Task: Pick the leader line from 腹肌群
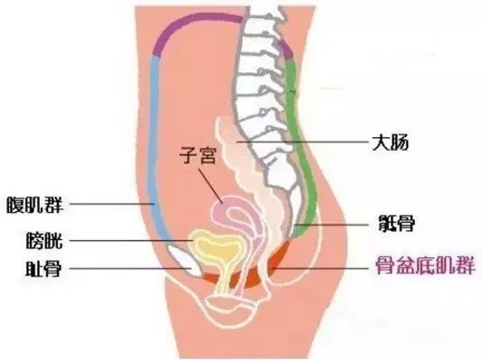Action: click(108, 205)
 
